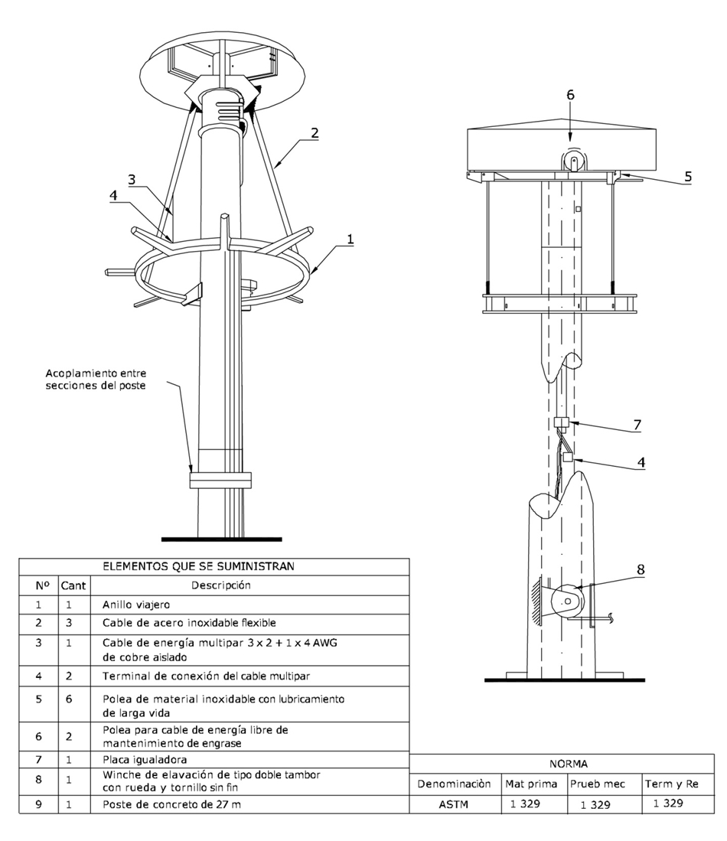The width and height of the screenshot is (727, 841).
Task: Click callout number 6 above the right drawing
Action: (569, 95)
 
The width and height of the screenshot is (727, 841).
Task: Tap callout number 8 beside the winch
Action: (641, 569)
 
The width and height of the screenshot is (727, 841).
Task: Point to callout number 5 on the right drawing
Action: (687, 175)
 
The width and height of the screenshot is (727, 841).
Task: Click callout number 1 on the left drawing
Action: (350, 239)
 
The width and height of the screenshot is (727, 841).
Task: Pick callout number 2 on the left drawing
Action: (313, 132)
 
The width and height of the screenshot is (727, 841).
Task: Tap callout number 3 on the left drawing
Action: (132, 179)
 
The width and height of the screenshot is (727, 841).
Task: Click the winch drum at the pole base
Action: (567, 602)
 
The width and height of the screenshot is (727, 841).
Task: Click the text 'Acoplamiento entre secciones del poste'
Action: (96, 379)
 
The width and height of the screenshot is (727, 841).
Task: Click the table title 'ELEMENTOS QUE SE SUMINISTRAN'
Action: (214, 567)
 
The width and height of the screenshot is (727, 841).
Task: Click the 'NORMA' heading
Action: (568, 764)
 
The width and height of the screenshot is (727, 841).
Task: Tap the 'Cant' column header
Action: (73, 586)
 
